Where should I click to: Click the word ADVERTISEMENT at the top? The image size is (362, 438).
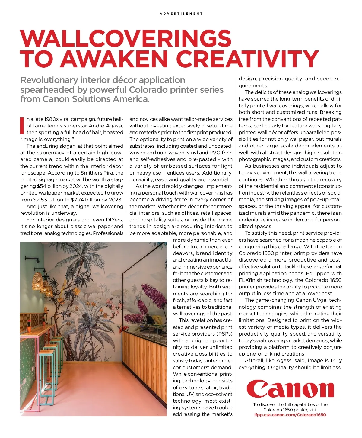click(x=181, y=14)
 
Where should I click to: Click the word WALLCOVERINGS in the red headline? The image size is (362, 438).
click(x=125, y=39)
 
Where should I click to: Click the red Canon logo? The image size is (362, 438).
click(x=290, y=389)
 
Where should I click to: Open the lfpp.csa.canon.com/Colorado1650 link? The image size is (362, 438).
click(x=290, y=415)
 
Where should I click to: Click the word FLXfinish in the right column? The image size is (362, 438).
click(x=251, y=280)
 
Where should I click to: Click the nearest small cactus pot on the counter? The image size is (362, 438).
click(x=29, y=322)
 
